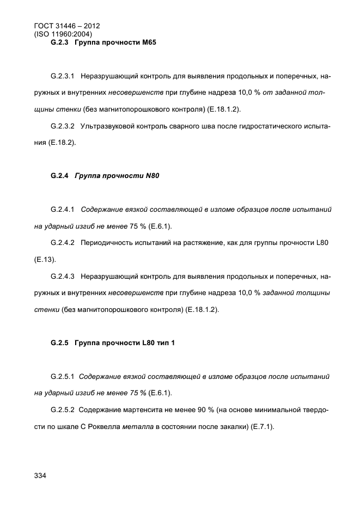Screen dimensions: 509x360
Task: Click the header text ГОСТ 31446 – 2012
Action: pyautogui.click(x=63, y=26)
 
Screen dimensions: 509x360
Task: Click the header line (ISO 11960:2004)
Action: pyautogui.click(x=60, y=34)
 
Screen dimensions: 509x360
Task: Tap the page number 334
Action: pyautogui.click(x=40, y=476)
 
